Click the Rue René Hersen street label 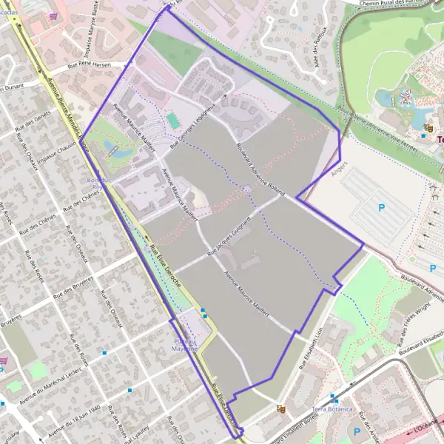89,64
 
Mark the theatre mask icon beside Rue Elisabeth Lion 280,408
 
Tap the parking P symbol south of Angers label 382,208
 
